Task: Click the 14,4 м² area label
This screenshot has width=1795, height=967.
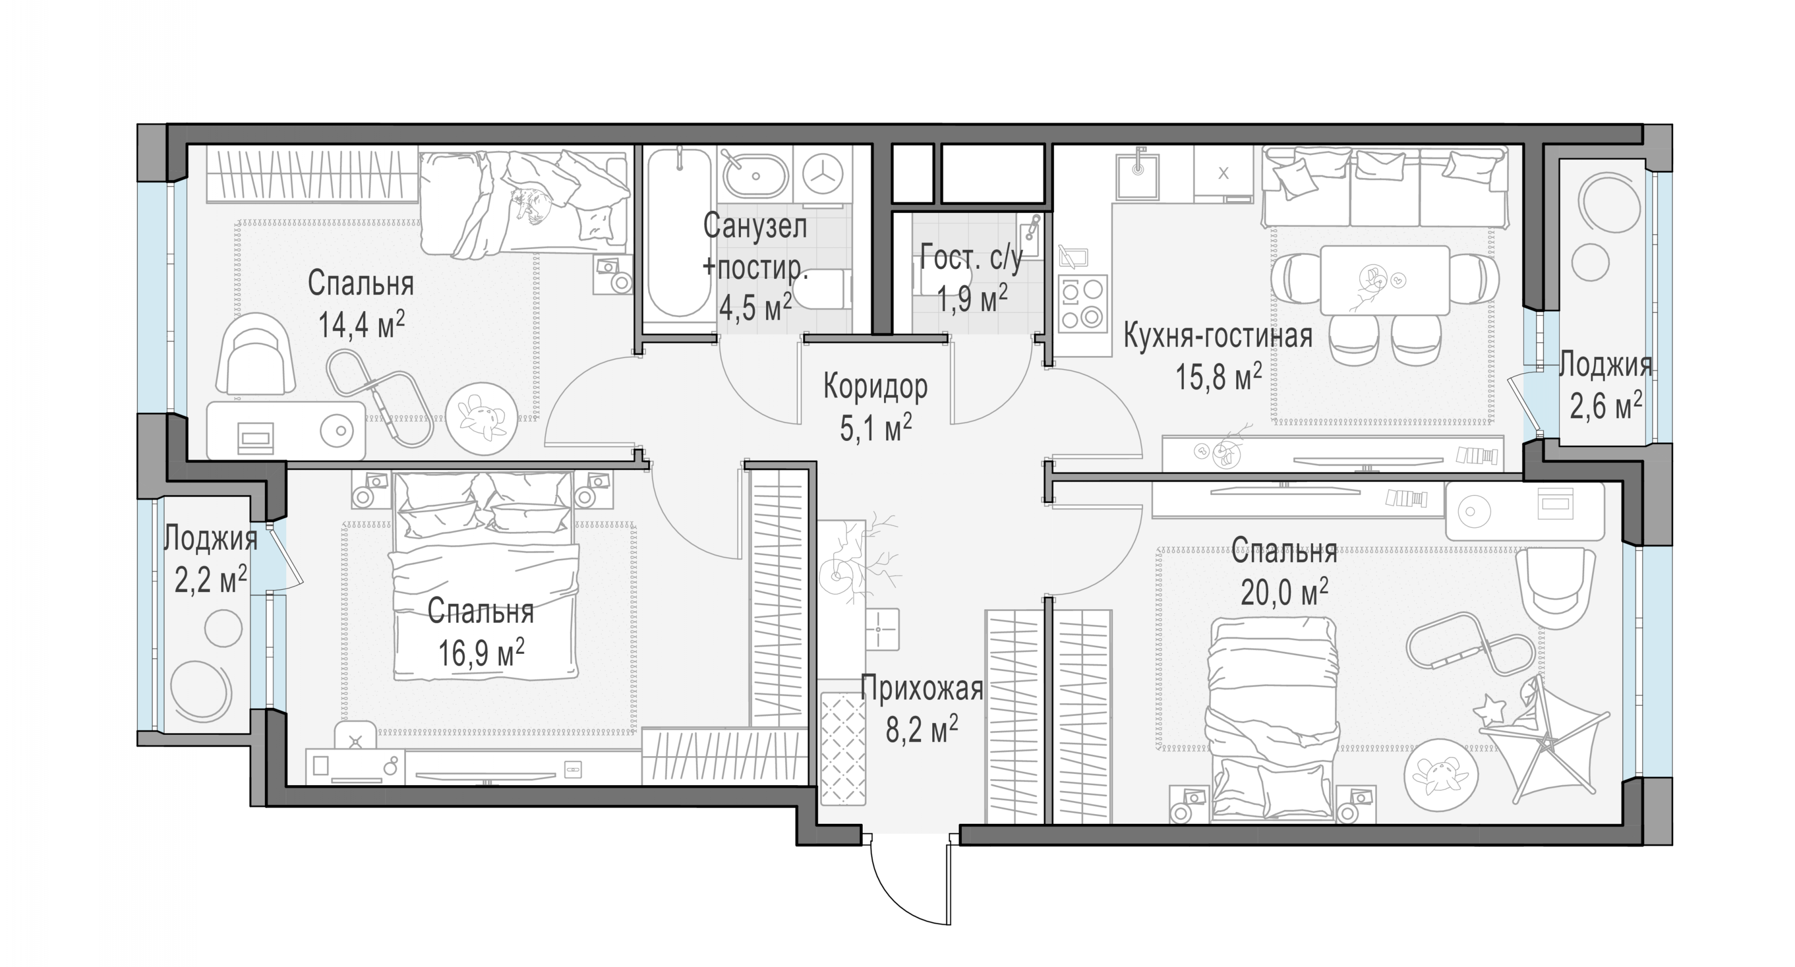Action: click(361, 324)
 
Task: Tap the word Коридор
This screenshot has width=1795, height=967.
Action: click(875, 387)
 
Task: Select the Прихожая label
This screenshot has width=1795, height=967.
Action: click(921, 688)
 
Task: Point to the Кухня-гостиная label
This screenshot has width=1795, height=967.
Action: click(1218, 336)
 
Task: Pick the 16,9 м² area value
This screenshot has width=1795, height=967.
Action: click(481, 653)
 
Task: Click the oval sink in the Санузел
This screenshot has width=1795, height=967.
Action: click(756, 175)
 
